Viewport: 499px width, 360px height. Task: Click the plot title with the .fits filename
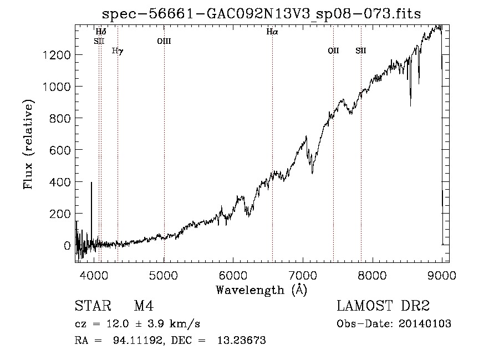[x=261, y=14]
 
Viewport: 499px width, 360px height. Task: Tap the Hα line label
[x=272, y=32]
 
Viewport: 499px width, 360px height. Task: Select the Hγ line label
[x=118, y=51]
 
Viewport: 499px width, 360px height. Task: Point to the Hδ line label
[x=101, y=32]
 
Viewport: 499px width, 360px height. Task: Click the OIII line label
[x=164, y=41]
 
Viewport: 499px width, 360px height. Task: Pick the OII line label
[x=334, y=50]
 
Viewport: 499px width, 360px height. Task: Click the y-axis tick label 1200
[x=57, y=55]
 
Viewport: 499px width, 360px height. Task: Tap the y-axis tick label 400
[x=60, y=182]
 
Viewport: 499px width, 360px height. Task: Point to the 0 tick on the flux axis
[x=67, y=246]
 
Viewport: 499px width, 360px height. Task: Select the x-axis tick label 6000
[x=233, y=276]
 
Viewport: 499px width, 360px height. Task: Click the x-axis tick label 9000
[x=442, y=276]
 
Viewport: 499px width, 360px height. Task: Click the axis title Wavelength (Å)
[x=262, y=290]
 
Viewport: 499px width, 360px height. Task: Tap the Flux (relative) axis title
[x=28, y=145]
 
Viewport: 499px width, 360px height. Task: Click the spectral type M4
[x=144, y=306]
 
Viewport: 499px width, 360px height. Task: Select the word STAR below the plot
[x=93, y=306]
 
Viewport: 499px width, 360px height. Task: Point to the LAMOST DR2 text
[x=383, y=306]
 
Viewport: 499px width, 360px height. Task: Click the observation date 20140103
[x=425, y=324]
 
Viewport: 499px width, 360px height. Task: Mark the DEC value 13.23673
[x=242, y=340]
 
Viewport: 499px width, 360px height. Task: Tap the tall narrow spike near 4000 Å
[x=91, y=213]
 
